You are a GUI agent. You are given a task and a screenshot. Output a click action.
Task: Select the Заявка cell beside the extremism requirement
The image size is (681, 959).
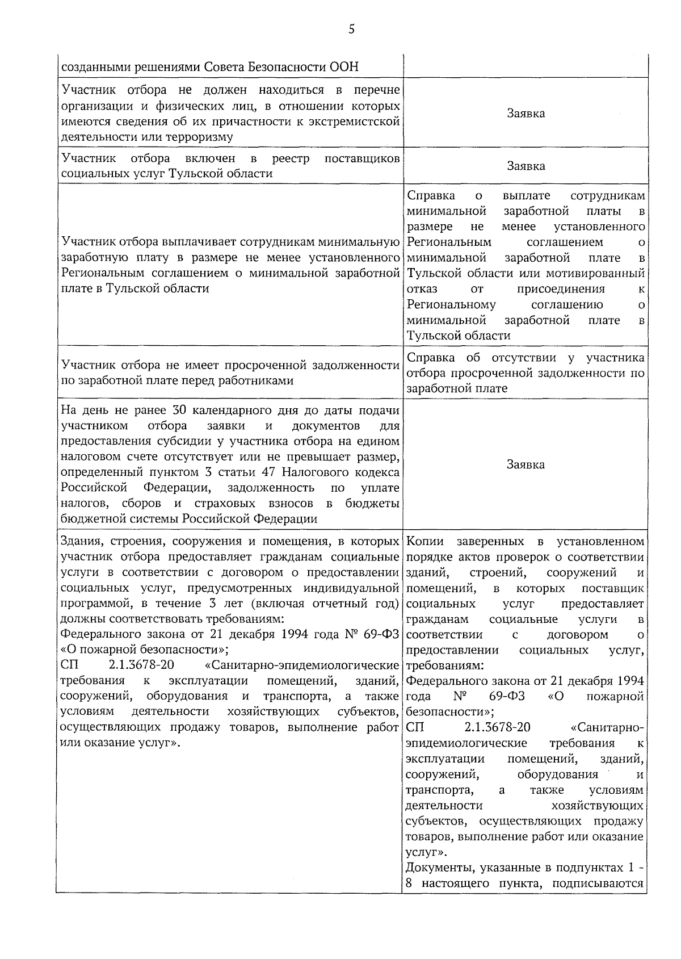pos(526,113)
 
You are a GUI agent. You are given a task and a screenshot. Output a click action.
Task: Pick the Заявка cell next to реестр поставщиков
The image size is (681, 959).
pos(526,166)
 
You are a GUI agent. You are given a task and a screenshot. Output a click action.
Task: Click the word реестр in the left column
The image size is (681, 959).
pos(291,158)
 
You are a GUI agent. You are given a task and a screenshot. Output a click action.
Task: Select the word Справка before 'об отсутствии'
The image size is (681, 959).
pos(431,358)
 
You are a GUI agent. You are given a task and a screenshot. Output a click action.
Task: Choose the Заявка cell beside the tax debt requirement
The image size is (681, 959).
pos(526,464)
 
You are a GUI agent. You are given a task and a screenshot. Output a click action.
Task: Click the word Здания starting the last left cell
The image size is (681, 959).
pos(80,541)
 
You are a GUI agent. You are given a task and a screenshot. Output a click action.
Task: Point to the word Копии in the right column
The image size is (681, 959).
pos(426,541)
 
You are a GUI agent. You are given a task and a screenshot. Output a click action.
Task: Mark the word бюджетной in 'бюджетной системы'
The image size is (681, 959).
pos(87,519)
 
